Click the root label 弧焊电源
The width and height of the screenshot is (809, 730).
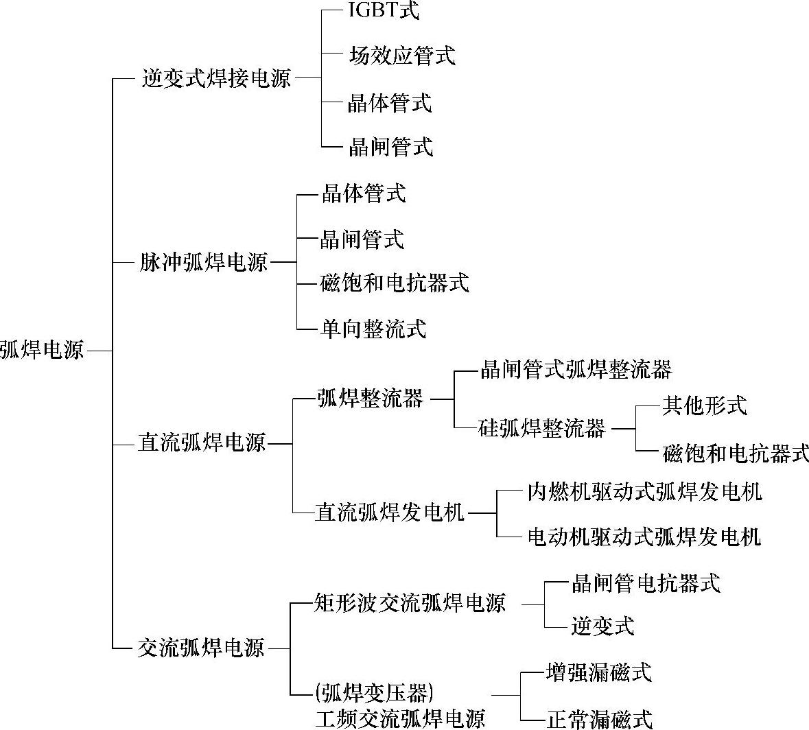pyautogui.click(x=42, y=350)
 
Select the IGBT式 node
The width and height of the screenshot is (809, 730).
pyautogui.click(x=383, y=11)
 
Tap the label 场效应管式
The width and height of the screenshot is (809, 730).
pyautogui.click(x=401, y=56)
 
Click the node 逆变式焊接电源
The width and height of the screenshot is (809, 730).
pyautogui.click(x=216, y=78)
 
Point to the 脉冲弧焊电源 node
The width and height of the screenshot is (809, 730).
pyautogui.click(x=203, y=262)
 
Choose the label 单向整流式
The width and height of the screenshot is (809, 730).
pyautogui.click(x=373, y=329)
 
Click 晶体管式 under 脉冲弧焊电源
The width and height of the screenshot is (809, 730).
pyautogui.click(x=364, y=194)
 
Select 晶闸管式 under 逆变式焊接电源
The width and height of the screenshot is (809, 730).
pyautogui.click(x=390, y=146)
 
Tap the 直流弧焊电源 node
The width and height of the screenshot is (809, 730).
pyautogui.click(x=202, y=443)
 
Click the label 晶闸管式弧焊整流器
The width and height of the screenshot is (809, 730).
pyautogui.click(x=576, y=370)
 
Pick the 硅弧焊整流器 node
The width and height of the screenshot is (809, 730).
pyautogui.click(x=542, y=429)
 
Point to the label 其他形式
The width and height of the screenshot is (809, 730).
pyautogui.click(x=704, y=405)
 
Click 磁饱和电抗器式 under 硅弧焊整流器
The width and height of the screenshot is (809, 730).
pyautogui.click(x=736, y=453)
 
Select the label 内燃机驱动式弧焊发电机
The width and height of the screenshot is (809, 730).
pyautogui.click(x=644, y=491)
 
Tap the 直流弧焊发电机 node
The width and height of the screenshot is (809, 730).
pyautogui.click(x=390, y=513)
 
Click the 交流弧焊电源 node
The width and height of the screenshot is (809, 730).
pyautogui.click(x=201, y=648)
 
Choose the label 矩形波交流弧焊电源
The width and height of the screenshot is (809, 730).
pyautogui.click(x=410, y=603)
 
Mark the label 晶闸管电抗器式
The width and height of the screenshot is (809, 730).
pyautogui.click(x=646, y=583)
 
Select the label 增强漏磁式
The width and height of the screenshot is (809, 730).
pyautogui.click(x=598, y=672)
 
